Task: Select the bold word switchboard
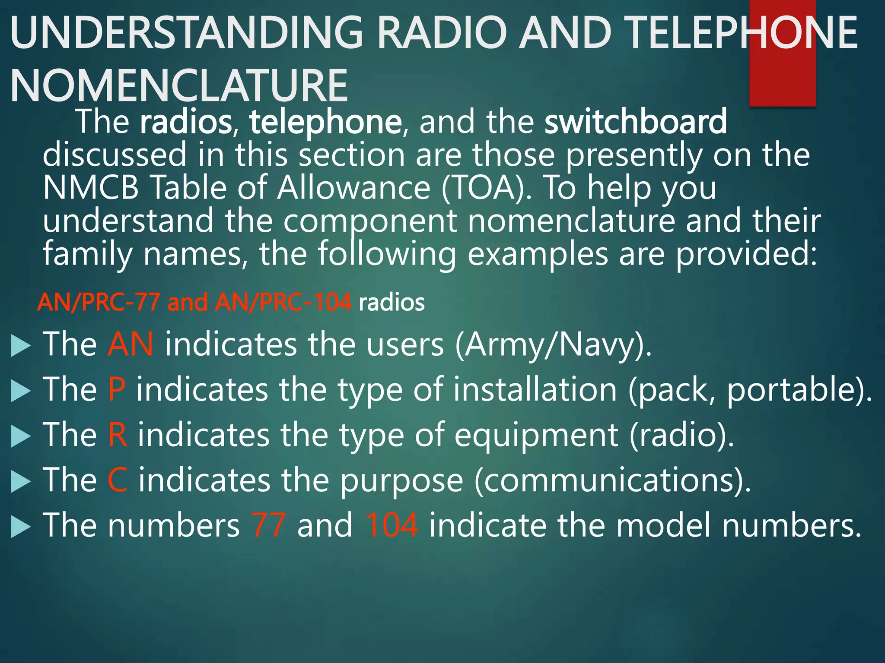(635, 122)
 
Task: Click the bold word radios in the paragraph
(186, 122)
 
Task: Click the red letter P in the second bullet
(117, 389)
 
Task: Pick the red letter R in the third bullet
(118, 435)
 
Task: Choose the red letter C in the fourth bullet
(118, 480)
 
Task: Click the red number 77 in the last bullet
(268, 525)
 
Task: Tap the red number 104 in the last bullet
(392, 525)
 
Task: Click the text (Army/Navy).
(553, 345)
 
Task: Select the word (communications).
(612, 480)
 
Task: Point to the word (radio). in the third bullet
(681, 435)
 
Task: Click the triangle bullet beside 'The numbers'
(20, 527)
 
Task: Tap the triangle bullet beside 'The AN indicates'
(20, 346)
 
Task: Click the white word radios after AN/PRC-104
(392, 303)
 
